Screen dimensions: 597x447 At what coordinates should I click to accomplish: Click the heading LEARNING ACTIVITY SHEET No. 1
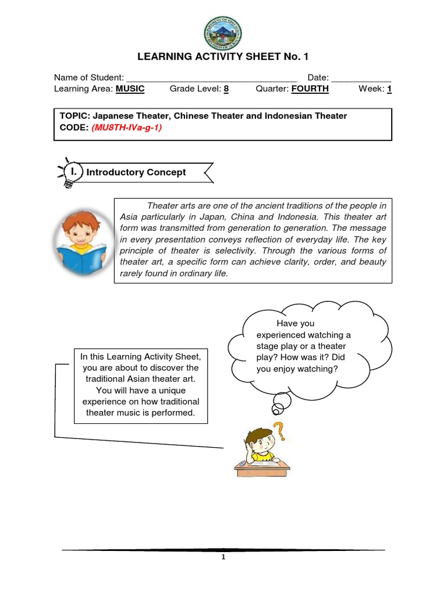pos(223,57)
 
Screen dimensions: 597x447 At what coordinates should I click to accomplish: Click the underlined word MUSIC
pos(130,89)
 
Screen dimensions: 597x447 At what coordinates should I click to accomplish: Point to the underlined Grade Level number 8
pos(226,89)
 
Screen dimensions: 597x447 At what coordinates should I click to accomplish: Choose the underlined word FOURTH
pos(310,89)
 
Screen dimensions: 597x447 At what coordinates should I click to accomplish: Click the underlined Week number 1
pos(389,89)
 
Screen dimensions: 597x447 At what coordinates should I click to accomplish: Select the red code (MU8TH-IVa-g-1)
pos(126,127)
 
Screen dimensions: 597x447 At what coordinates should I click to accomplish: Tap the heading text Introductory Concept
pos(136,172)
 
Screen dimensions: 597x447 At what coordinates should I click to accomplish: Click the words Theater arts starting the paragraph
pos(169,206)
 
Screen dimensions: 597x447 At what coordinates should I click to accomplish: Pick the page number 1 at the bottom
pos(223,557)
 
